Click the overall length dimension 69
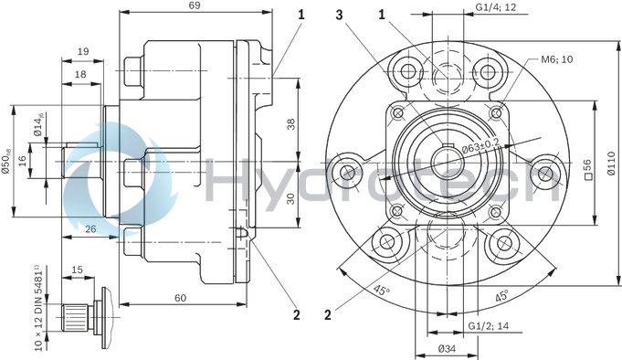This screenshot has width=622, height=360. [x=195, y=6]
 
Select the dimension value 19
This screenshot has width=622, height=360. [x=83, y=51]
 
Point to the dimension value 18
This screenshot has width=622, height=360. [x=81, y=74]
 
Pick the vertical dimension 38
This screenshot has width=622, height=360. [x=290, y=123]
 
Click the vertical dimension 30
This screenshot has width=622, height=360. [x=290, y=198]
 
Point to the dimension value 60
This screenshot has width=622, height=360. [x=181, y=298]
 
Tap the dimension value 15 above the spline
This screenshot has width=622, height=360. [x=77, y=270]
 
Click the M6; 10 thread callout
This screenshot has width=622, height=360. [x=556, y=59]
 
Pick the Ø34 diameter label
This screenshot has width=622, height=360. [x=447, y=349]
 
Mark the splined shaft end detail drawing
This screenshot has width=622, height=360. [x=86, y=310]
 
